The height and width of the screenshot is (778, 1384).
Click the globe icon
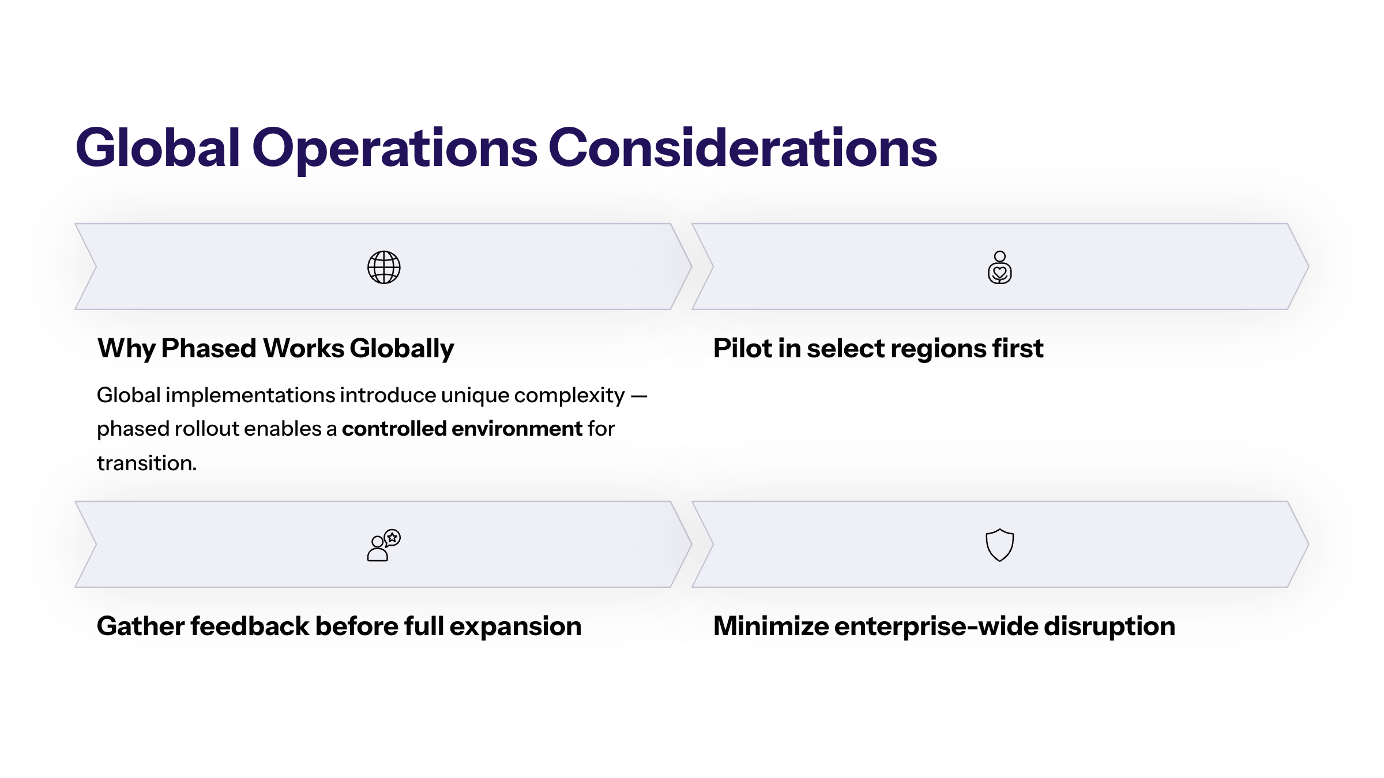pyautogui.click(x=384, y=267)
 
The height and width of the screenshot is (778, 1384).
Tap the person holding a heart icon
pyautogui.click(x=1000, y=267)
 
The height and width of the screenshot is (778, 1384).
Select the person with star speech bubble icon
pyautogui.click(x=384, y=545)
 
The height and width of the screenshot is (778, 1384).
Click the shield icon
pyautogui.click(x=1000, y=545)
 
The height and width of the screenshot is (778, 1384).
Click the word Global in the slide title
pyautogui.click(x=158, y=148)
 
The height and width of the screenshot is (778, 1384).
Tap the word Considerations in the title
pyautogui.click(x=743, y=148)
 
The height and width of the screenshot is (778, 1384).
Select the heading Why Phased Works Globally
pyautogui.click(x=276, y=349)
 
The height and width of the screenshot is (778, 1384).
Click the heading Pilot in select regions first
pyautogui.click(x=878, y=349)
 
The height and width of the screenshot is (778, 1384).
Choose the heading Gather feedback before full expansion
pyautogui.click(x=339, y=627)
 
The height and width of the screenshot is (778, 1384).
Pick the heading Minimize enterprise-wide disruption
pyautogui.click(x=944, y=627)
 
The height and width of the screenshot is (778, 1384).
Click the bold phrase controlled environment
pyautogui.click(x=462, y=429)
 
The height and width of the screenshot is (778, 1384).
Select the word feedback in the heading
pyautogui.click(x=250, y=626)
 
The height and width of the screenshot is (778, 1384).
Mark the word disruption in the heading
pyautogui.click(x=1110, y=627)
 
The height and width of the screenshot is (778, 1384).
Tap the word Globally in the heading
pyautogui.click(x=402, y=349)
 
